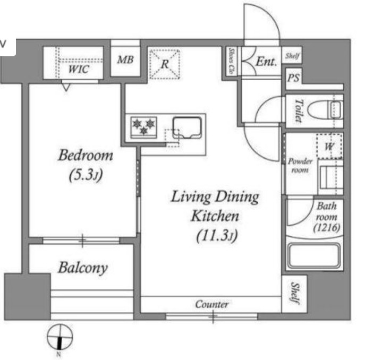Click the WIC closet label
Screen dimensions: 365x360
click(79, 69)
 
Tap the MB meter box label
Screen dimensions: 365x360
click(125, 60)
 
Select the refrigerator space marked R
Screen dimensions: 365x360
click(165, 64)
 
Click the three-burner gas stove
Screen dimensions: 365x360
click(143, 127)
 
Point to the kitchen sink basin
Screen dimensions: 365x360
click(187, 127)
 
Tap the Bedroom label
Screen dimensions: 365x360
click(86, 155)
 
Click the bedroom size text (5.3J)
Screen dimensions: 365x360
click(86, 175)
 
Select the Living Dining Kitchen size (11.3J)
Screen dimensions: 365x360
click(217, 236)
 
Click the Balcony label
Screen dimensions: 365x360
click(83, 268)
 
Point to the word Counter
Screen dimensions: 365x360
click(211, 304)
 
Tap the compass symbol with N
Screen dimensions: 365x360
click(60, 337)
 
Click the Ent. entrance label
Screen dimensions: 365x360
click(267, 62)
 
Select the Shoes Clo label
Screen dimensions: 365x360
click(232, 61)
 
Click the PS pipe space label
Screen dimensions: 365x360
click(293, 78)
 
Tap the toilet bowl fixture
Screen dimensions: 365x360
click(325, 110)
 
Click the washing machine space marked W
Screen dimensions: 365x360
click(329, 146)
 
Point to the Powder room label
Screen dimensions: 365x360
click(300, 166)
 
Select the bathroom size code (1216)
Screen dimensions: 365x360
click(327, 227)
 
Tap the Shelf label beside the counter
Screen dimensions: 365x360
click(295, 293)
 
